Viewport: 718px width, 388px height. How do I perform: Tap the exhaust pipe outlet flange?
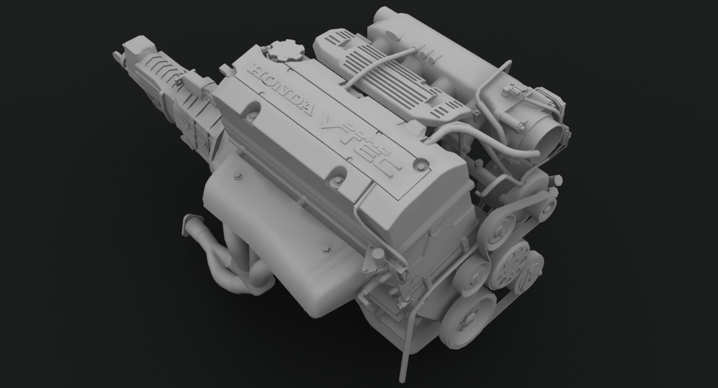coord(188,225)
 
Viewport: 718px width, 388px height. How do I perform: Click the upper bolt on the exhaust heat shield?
coord(237,175)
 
